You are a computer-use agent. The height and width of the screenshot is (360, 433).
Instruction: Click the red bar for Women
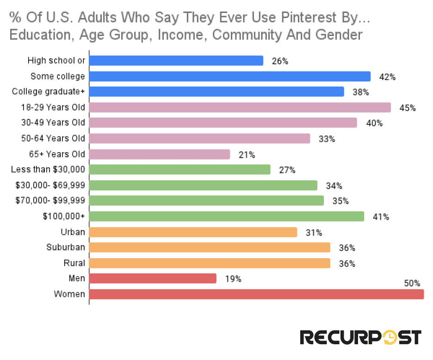point(256,294)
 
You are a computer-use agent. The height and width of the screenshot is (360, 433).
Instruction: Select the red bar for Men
point(153,279)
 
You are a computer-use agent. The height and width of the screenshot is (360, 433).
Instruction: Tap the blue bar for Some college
point(229,76)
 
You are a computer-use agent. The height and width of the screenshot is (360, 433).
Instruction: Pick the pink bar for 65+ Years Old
point(159,154)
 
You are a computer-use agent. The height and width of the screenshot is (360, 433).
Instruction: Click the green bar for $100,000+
point(226,217)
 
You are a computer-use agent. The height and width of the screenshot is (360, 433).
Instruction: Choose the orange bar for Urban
point(193,232)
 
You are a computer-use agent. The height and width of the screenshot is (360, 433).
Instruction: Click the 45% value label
point(407,108)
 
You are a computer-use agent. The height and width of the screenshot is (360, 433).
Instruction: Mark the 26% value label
point(279,61)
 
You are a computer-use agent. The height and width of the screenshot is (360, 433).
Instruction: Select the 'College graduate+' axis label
point(49,92)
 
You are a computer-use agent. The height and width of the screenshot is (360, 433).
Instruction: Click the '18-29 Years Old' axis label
point(53,107)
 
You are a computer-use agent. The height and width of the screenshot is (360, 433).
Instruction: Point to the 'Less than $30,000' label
point(48,169)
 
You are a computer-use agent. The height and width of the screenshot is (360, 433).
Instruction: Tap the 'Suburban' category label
point(66,247)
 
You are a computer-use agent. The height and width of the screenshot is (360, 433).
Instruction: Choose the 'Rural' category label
point(74,263)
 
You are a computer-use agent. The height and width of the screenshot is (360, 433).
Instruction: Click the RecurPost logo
point(360,337)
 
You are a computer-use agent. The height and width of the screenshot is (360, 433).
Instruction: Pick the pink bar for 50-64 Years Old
point(199,138)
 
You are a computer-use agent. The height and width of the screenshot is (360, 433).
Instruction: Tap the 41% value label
point(380,217)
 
